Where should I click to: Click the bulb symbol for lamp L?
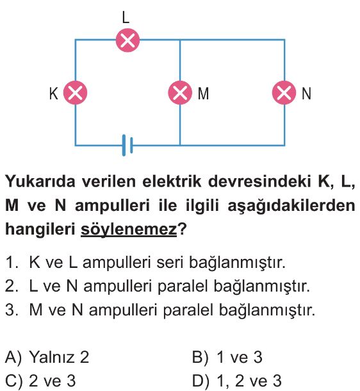pyautogui.click(x=127, y=40)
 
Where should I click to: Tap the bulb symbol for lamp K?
pyautogui.click(x=75, y=93)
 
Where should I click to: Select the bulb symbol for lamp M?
pyautogui.click(x=180, y=93)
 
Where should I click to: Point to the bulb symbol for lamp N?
pyautogui.click(x=284, y=93)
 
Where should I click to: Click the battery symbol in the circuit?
pyautogui.click(x=127, y=145)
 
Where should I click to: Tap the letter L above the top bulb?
pyautogui.click(x=126, y=18)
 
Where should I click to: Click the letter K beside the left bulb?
pyautogui.click(x=54, y=94)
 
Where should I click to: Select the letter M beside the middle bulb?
pyautogui.click(x=203, y=94)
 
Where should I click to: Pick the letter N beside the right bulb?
pyautogui.click(x=306, y=94)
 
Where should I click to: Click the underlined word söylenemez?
pyautogui.click(x=129, y=229)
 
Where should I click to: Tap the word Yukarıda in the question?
pyautogui.click(x=40, y=181)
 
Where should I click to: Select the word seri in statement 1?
pyautogui.click(x=170, y=262)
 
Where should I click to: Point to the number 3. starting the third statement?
pyautogui.click(x=12, y=310)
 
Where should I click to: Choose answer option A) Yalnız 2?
pyautogui.click(x=47, y=357)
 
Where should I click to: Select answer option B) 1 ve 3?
pyautogui.click(x=227, y=357)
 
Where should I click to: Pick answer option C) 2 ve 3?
pyautogui.click(x=40, y=381)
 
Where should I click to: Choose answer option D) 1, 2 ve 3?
pyautogui.click(x=237, y=381)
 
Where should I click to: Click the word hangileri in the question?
pyautogui.click(x=40, y=229)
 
